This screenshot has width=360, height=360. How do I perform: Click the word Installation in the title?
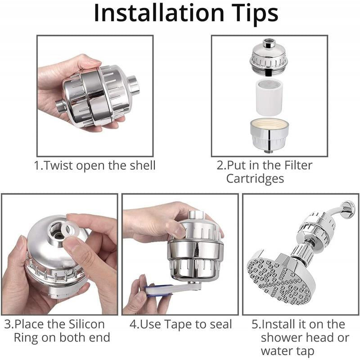point(159,13)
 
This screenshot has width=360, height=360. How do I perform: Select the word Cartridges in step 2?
point(255,179)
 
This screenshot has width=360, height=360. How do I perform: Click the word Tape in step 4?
point(178,325)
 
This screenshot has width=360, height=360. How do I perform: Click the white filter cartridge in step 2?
point(269,97)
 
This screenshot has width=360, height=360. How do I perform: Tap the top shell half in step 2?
point(269,58)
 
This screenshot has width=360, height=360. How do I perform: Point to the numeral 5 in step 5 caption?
point(255,324)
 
